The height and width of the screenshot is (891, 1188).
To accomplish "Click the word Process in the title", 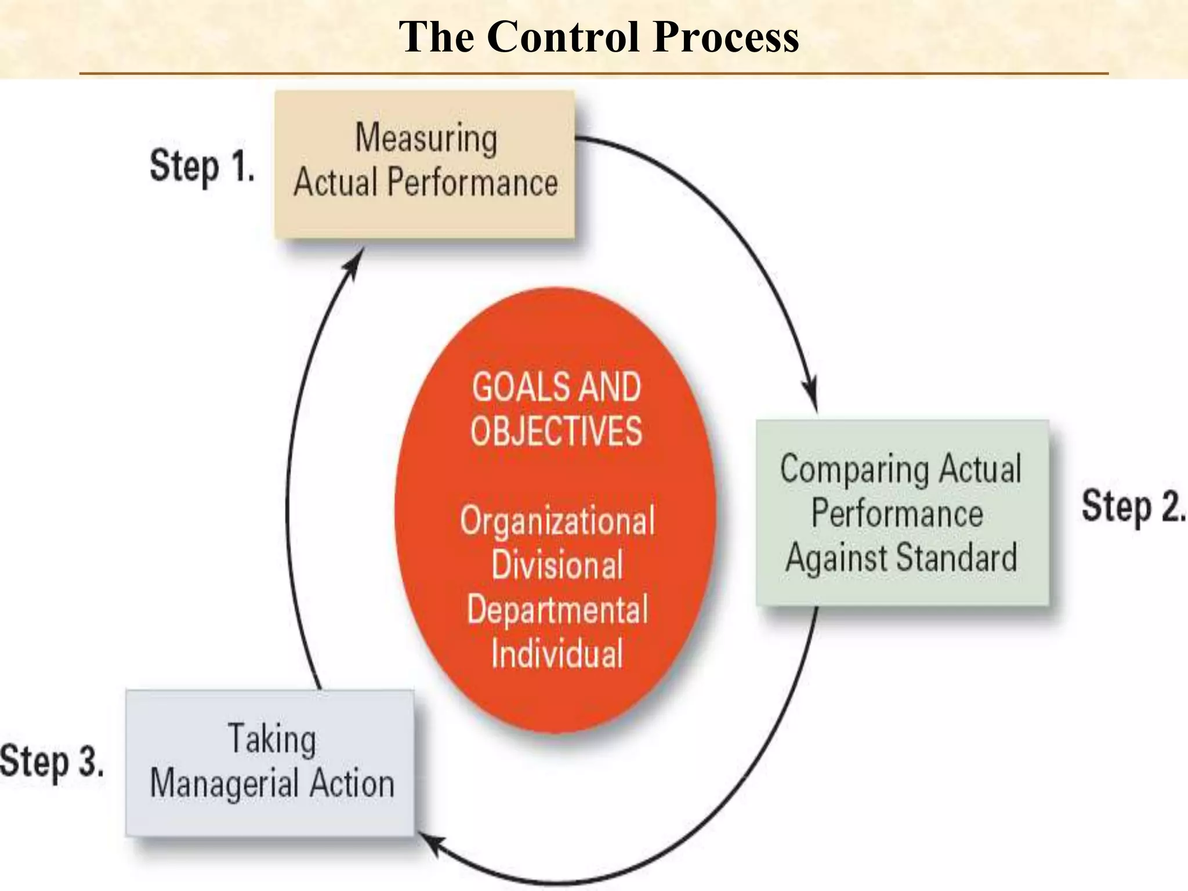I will [x=726, y=37].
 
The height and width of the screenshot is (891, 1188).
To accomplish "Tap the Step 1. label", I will [x=202, y=166].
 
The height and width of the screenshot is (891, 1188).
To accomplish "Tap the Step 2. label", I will [x=1132, y=506].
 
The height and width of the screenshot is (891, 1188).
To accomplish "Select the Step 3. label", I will [x=52, y=761].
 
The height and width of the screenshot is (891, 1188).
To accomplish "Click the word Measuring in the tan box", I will [x=426, y=139].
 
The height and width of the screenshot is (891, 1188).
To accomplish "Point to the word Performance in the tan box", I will [x=472, y=183].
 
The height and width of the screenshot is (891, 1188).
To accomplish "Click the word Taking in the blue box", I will [x=272, y=740].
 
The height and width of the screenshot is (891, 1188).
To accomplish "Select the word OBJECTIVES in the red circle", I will [x=556, y=431].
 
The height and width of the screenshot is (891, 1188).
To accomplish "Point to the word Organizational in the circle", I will [x=557, y=521].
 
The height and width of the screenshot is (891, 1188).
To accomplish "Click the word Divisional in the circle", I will [x=557, y=565].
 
